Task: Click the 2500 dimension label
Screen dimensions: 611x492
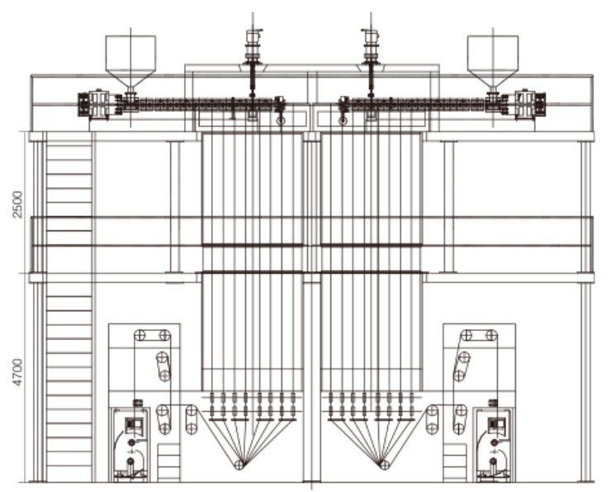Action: coord(17,205)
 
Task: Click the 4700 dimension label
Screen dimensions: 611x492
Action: coord(17,372)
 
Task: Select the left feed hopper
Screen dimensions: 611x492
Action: coord(130,62)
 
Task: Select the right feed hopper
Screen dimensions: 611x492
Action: coord(493,62)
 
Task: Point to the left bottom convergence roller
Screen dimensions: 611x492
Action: coord(239,464)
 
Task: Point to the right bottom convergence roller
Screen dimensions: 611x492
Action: coord(385,464)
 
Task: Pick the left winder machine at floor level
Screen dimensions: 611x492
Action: coord(130,444)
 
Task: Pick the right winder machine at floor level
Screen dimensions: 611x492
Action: coord(494,444)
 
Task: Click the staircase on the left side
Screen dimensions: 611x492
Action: coord(69,307)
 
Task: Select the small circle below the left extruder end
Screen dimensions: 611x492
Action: coord(281,121)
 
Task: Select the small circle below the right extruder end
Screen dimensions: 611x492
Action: coord(343,121)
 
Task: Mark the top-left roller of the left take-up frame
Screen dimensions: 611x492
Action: coord(140,335)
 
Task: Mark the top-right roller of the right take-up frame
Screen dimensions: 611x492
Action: coord(492,335)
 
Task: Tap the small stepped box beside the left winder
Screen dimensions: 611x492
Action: coord(168,462)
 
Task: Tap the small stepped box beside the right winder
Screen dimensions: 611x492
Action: coord(455,462)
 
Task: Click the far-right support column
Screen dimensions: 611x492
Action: coord(585,312)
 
